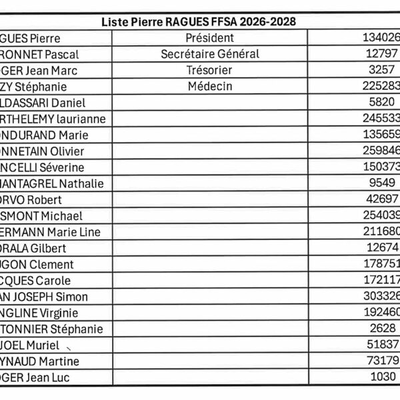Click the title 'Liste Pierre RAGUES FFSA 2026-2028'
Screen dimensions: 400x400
pos(199,22)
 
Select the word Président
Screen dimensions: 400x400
pos(209,38)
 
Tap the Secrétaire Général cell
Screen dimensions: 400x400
pos(209,54)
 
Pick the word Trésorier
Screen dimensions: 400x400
pos(209,70)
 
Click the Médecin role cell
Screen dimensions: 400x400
pos(209,86)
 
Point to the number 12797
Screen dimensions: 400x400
pos(383,54)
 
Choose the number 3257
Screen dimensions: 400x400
pos(383,70)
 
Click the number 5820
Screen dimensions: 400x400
pos(383,103)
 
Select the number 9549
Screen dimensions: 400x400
pos(383,183)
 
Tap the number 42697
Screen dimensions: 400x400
pos(383,199)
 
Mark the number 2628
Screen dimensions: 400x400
pos(383,329)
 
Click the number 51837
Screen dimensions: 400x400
pos(383,345)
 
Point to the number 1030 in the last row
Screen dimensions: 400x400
pos(383,377)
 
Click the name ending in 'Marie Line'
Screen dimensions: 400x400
pos(50,232)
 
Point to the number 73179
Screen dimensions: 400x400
pos(383,361)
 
